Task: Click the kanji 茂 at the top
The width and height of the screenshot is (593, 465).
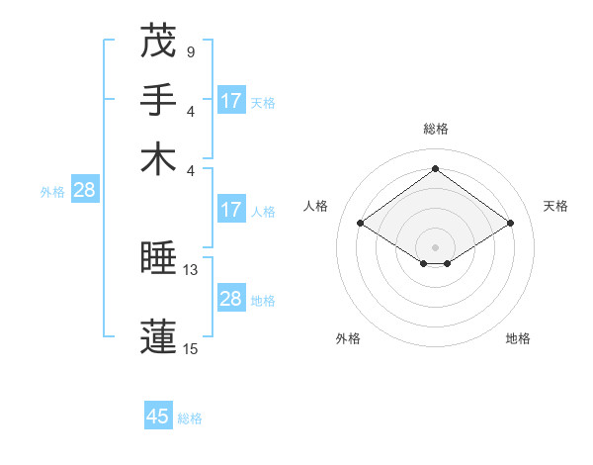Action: click(x=158, y=43)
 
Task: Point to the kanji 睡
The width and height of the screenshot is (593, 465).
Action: click(x=158, y=259)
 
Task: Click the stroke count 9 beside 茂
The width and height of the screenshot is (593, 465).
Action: click(x=190, y=51)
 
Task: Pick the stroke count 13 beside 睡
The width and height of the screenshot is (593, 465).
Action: click(x=191, y=269)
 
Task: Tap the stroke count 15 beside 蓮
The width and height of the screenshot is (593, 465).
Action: click(x=191, y=348)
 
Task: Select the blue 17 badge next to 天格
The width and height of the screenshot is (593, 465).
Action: click(x=231, y=101)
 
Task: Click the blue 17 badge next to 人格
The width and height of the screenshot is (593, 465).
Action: click(x=231, y=210)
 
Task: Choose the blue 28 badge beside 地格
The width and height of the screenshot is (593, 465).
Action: click(x=231, y=299)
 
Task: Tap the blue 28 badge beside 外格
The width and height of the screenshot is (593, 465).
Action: click(x=84, y=190)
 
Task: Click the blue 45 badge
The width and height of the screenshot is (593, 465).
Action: click(x=158, y=417)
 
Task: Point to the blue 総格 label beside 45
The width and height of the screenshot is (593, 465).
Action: click(x=190, y=418)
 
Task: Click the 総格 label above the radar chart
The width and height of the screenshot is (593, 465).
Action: click(x=435, y=129)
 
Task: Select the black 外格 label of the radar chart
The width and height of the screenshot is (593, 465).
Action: click(x=348, y=338)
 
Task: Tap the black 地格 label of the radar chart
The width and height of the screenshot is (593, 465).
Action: click(x=518, y=338)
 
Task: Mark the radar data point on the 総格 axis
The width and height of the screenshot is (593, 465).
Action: click(x=435, y=168)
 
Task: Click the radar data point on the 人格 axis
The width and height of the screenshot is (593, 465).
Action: click(x=361, y=224)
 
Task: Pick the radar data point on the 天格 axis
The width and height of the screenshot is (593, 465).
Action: click(x=510, y=224)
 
